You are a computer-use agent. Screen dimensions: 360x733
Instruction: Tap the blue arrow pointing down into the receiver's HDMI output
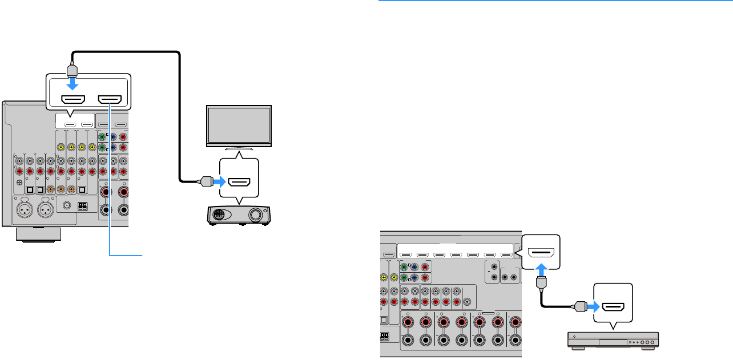pos(73,83)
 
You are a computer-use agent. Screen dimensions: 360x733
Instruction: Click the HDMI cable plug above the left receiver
pos(71,70)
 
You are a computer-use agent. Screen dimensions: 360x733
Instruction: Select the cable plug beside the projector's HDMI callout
pos(203,182)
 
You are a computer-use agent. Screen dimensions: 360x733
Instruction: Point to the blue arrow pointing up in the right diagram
pos(542,269)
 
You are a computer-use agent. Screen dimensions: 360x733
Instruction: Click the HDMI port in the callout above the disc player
pos(614,308)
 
